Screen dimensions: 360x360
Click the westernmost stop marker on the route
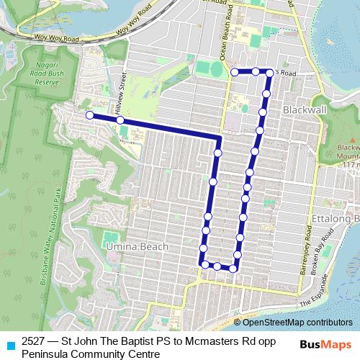point(89,115)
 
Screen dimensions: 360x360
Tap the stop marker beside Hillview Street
point(120,120)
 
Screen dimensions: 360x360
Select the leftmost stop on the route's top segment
point(235,72)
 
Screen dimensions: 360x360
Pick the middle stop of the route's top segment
point(255,72)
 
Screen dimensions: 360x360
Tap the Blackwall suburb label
point(306,109)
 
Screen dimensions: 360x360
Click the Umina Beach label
point(137,246)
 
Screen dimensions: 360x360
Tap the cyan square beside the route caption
point(10,344)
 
